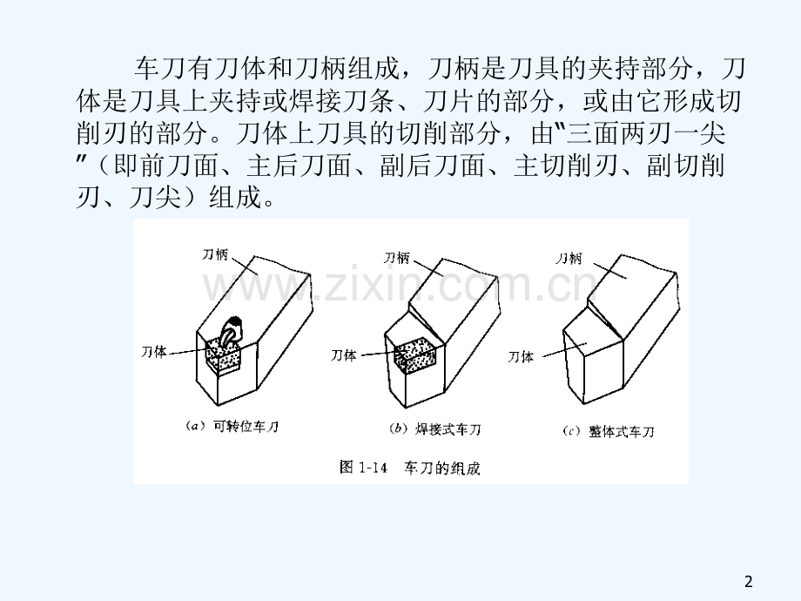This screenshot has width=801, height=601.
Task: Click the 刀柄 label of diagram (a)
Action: pyautogui.click(x=215, y=254)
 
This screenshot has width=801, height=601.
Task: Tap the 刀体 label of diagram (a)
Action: pyautogui.click(x=154, y=352)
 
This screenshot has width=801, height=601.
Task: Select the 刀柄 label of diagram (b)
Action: pyautogui.click(x=397, y=258)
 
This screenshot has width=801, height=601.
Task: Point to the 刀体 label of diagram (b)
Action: pyautogui.click(x=343, y=355)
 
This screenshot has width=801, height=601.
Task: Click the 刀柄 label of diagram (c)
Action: pyautogui.click(x=569, y=259)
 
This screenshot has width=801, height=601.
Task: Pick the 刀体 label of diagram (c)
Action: pyautogui.click(x=521, y=357)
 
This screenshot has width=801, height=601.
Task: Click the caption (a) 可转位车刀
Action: pyautogui.click(x=232, y=426)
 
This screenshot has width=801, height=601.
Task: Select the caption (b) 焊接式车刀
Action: pyautogui.click(x=434, y=429)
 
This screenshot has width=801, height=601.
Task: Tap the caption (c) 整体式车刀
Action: pyautogui.click(x=608, y=432)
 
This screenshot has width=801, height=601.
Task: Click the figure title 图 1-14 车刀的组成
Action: pyautogui.click(x=410, y=468)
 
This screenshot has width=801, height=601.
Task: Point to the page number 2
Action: pyautogui.click(x=749, y=582)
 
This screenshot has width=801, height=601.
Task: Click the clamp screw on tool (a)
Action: pyautogui.click(x=232, y=330)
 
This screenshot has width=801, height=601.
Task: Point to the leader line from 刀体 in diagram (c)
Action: pyautogui.click(x=564, y=350)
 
